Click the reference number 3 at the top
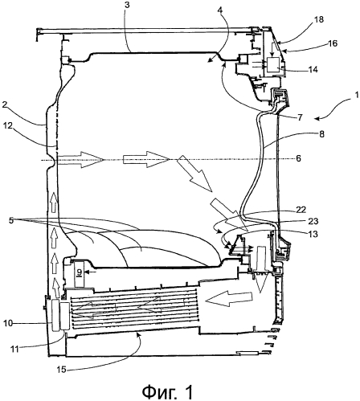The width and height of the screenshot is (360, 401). tap(127, 5)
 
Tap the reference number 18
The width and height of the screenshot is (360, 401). tap(318, 19)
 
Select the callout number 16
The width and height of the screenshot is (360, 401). tap(333, 43)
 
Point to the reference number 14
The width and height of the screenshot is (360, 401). tap(313, 69)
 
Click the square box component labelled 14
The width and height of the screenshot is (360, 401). tap(272, 64)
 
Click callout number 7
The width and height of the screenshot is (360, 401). tap(300, 117)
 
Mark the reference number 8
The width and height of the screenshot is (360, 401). tap(321, 133)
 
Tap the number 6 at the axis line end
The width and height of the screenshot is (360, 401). tap(298, 158)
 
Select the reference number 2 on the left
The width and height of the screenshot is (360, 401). tap(5, 104)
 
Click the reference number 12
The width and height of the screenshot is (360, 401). tap(7, 125)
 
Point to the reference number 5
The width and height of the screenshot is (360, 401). tap(10, 221)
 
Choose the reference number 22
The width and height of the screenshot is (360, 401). tap(301, 210)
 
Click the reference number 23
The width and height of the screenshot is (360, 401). tap(313, 221)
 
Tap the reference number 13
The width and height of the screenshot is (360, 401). tap(313, 234)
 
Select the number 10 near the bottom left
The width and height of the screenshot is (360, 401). tap(8, 323)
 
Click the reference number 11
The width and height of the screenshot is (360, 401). tap(15, 349)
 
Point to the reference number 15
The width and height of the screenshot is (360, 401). tap(62, 370)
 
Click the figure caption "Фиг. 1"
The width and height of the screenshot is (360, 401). tap(167, 391)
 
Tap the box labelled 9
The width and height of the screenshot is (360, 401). tap(79, 275)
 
